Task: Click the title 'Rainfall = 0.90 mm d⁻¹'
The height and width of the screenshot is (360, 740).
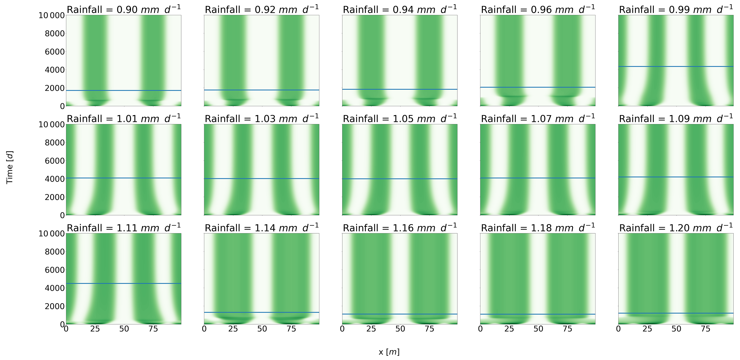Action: (123, 10)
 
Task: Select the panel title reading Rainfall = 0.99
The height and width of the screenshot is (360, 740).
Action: (676, 10)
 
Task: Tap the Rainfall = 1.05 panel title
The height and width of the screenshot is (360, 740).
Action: (400, 119)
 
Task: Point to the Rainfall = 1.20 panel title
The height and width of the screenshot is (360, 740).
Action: (676, 228)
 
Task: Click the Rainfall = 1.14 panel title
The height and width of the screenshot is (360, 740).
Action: (261, 228)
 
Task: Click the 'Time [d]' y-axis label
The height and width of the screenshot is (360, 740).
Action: (10, 167)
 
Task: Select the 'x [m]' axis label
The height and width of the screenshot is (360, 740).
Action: (389, 352)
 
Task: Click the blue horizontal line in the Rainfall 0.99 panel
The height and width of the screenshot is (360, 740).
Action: (676, 67)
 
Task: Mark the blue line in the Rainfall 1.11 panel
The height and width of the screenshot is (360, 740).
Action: (123, 283)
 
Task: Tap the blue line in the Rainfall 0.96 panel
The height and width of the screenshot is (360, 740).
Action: (537, 87)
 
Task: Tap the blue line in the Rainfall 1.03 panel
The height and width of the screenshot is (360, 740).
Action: (261, 179)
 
